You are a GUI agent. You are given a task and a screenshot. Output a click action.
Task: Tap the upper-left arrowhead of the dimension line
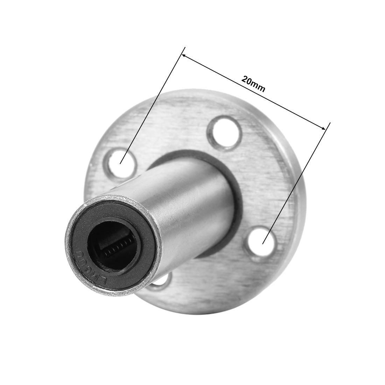(183, 56)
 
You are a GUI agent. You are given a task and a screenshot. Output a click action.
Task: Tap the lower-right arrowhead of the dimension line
(324, 128)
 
